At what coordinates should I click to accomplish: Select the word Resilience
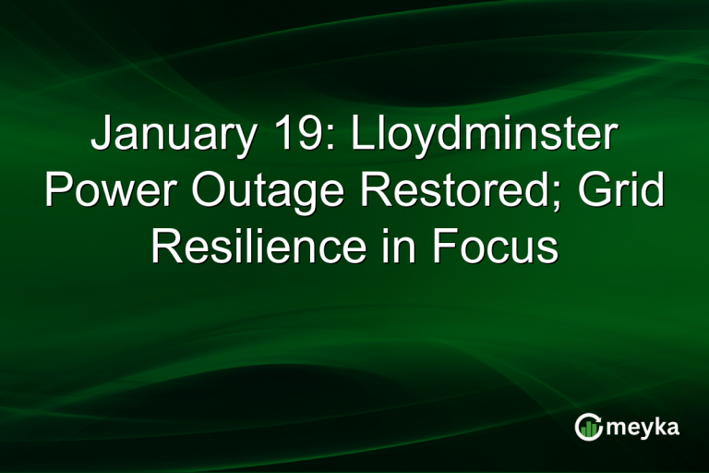255,247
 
